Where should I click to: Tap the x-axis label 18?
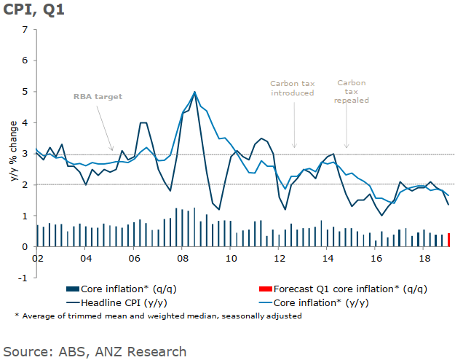[x=424, y=259]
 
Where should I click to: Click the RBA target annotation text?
[x=98, y=96]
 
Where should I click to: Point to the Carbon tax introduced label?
[x=292, y=88]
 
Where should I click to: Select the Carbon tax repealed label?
[x=352, y=92]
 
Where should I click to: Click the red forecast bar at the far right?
[x=448, y=240]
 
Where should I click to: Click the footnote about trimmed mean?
[x=158, y=316]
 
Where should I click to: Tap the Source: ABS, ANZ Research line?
[x=95, y=351]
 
